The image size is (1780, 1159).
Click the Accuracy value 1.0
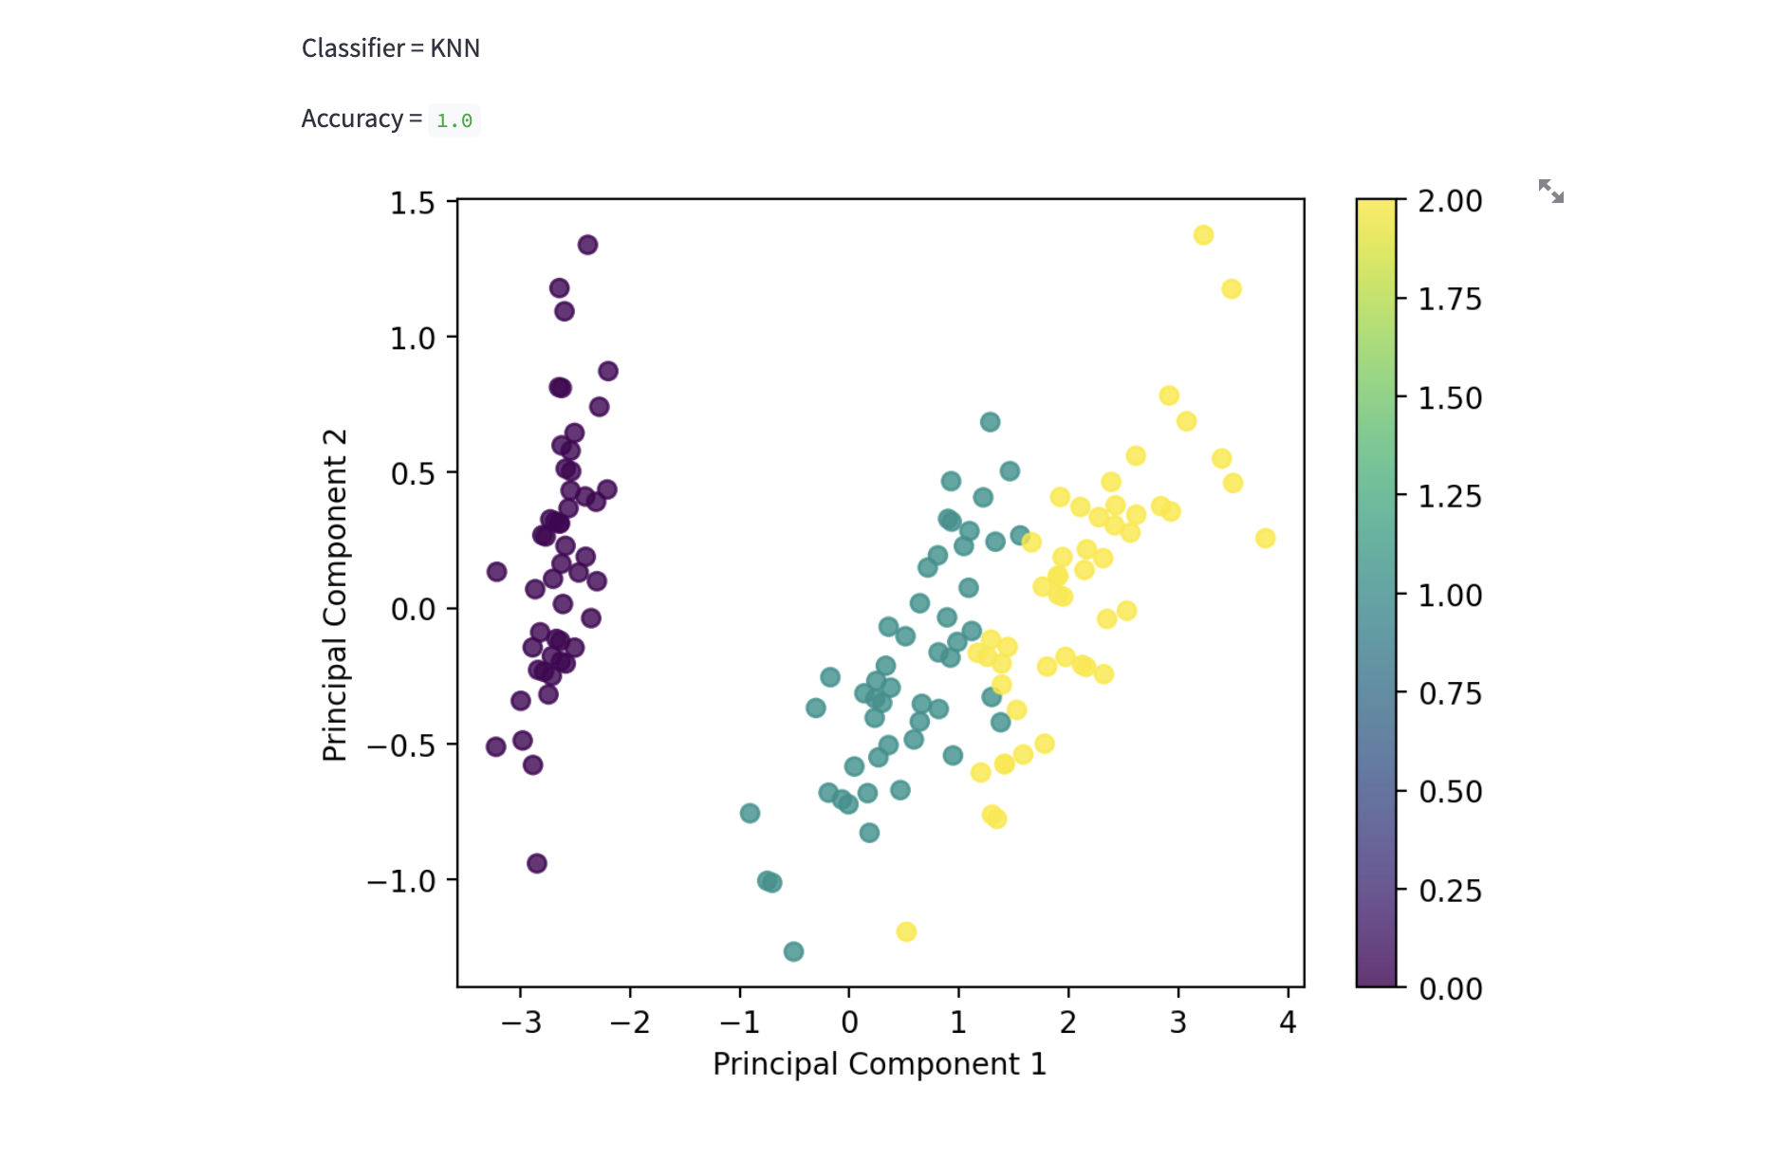(x=454, y=120)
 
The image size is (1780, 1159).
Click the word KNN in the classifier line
(x=454, y=48)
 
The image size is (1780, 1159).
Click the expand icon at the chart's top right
(x=1550, y=192)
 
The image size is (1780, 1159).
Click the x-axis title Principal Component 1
(x=879, y=1064)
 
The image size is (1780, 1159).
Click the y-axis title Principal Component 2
(x=335, y=595)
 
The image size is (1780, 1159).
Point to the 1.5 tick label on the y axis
(x=412, y=203)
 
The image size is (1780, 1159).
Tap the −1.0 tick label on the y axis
(x=400, y=881)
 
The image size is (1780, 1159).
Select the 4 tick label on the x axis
(x=1288, y=1022)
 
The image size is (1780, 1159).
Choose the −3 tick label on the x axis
(x=520, y=1022)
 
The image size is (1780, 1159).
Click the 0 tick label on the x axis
(x=849, y=1022)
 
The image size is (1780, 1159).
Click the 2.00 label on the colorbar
(x=1449, y=201)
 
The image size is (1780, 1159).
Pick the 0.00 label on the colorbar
(x=1449, y=989)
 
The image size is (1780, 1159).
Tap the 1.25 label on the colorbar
(x=1449, y=496)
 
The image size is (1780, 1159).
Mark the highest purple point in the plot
(x=587, y=245)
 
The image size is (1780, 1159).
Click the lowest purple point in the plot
(x=536, y=863)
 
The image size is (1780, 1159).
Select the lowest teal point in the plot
(x=793, y=951)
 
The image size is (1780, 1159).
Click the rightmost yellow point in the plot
(x=1265, y=538)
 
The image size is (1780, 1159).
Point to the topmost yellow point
(x=1203, y=235)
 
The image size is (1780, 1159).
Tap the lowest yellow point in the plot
(x=906, y=931)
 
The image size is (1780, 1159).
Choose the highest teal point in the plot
(x=990, y=422)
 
